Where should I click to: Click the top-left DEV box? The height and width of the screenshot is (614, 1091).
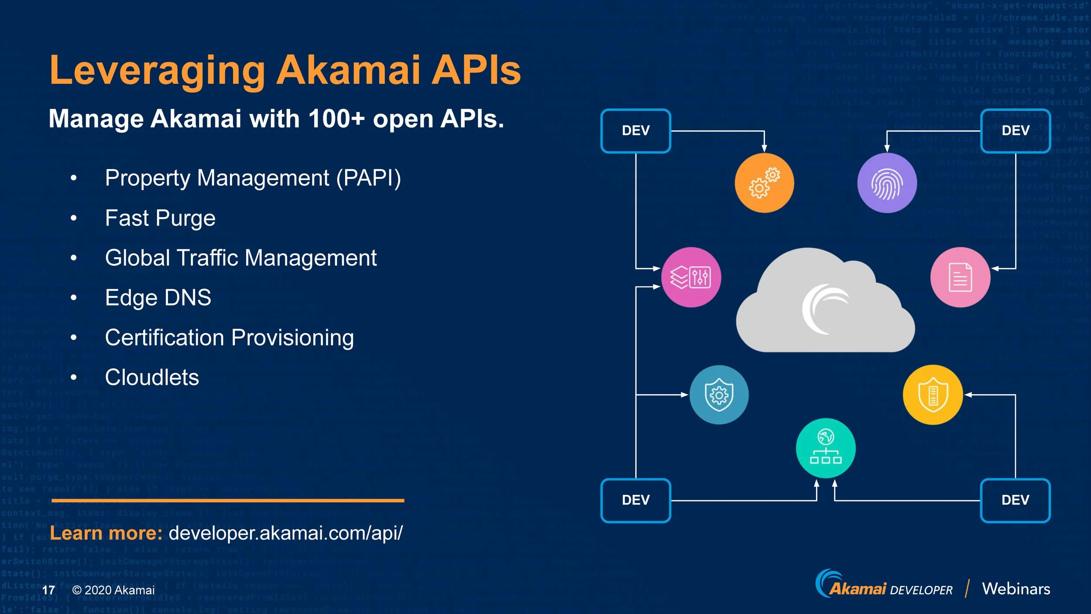point(635,130)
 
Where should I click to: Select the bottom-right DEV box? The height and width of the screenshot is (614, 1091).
point(1015,500)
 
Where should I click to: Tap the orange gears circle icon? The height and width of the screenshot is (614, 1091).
point(764,183)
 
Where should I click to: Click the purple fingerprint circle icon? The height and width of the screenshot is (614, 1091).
point(886,183)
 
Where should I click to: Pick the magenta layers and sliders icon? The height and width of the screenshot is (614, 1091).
point(691,277)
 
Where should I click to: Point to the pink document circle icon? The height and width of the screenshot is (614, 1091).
point(960,277)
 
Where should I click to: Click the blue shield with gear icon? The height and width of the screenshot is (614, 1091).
point(719,395)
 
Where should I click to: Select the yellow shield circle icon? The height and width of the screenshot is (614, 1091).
point(933,395)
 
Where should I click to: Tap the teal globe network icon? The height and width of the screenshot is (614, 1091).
point(825,448)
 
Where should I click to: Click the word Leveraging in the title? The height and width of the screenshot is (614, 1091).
point(157,71)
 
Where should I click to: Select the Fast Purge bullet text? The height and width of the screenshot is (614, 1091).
point(160,218)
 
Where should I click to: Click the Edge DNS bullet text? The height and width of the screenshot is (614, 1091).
point(158,298)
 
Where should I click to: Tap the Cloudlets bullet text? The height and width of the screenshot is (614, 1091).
point(152,377)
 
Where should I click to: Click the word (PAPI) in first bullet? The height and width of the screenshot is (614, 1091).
point(368,178)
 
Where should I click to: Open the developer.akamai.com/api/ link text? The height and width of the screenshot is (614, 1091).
point(285,533)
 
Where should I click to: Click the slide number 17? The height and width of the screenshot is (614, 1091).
point(48,590)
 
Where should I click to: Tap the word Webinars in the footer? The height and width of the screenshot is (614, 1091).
point(1016,589)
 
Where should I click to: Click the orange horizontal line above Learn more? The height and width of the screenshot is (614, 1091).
point(228,501)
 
